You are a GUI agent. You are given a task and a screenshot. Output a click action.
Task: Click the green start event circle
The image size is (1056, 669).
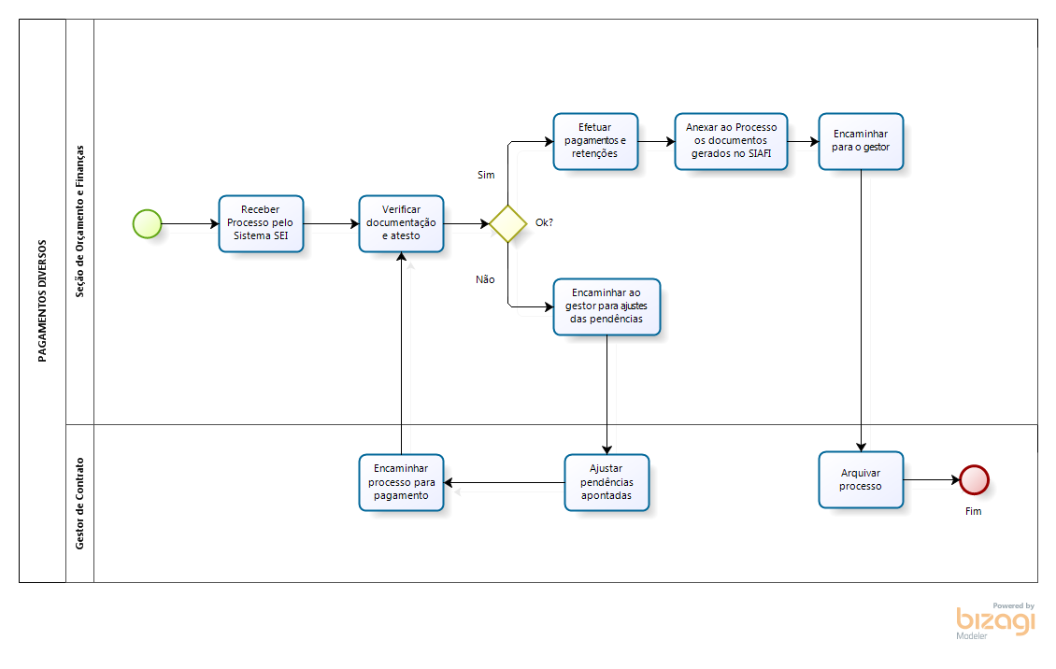point(147,223)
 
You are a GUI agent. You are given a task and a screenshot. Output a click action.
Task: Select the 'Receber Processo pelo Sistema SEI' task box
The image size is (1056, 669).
point(261,223)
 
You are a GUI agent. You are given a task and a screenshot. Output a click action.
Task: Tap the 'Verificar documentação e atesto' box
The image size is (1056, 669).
point(401,223)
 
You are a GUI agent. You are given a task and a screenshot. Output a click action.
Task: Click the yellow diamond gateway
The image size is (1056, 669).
point(507,223)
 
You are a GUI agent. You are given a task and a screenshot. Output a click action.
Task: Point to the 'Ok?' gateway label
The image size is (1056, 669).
point(544,222)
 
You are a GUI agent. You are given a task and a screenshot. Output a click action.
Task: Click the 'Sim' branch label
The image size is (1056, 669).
point(486,175)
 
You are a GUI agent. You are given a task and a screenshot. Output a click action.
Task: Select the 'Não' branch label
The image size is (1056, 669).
point(485,279)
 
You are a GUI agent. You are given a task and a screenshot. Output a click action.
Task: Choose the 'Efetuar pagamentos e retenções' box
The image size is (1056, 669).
point(595,141)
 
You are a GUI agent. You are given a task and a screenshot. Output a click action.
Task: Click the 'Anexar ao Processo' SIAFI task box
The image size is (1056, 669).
point(731,141)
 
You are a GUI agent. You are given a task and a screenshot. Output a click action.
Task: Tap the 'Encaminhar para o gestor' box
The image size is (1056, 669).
point(861,141)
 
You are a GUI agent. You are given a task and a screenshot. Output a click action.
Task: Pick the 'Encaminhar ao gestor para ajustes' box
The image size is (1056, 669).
point(606,306)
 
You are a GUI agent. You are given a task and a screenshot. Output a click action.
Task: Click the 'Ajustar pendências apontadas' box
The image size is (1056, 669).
point(606,482)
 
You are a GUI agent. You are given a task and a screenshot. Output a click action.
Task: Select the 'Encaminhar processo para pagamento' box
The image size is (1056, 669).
point(401,482)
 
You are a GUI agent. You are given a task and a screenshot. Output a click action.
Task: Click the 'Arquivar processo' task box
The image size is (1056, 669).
point(861,480)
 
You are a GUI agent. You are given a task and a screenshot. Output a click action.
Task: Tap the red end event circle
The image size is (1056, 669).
point(974,479)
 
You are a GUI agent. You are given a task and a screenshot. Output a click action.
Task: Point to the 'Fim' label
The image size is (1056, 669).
point(974,511)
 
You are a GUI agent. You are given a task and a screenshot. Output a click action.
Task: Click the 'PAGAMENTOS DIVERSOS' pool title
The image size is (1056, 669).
point(42,300)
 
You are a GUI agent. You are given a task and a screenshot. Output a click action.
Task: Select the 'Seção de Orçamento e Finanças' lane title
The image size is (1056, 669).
point(80,221)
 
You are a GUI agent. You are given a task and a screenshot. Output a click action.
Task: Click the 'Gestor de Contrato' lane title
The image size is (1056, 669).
point(80,503)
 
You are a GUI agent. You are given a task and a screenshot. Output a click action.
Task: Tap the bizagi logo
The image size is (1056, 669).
point(995,620)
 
